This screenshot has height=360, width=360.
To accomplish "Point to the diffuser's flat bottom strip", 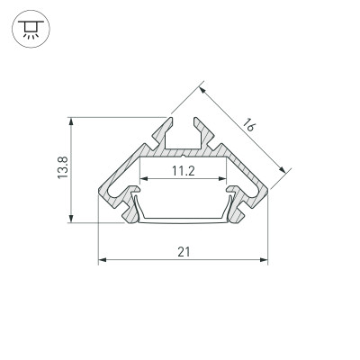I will pos(183,218).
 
